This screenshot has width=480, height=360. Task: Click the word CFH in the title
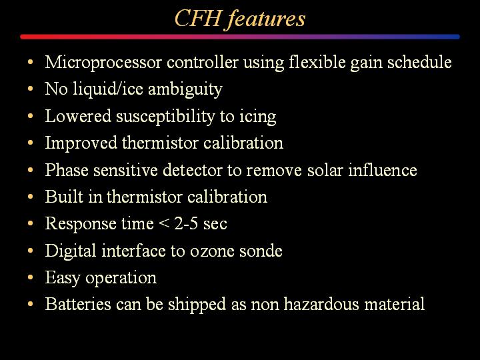198,18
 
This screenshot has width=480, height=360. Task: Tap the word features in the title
267,19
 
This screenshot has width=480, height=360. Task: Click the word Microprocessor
103,63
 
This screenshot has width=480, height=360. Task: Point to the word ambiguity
185,90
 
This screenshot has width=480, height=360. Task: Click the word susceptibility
165,117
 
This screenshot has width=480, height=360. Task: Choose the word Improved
81,143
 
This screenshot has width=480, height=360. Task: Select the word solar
325,170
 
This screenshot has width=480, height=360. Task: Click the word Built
64,197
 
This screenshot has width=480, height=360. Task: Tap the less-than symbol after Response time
164,224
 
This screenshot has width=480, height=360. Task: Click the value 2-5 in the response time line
186,223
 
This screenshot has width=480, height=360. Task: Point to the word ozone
212,251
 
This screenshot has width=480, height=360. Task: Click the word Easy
63,278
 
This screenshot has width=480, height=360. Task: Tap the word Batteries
78,304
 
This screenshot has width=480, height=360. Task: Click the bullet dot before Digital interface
30,251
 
